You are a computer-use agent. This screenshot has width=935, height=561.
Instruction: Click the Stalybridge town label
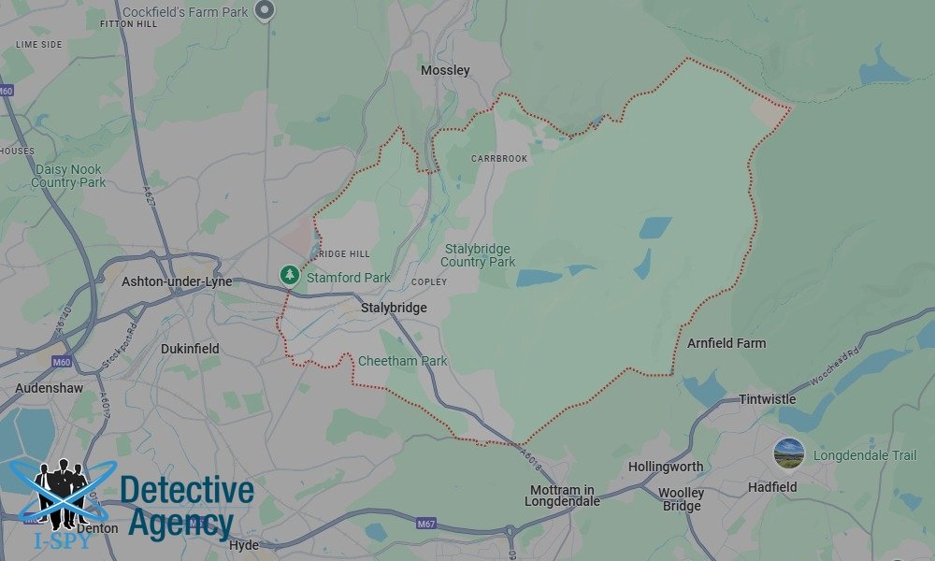click(x=394, y=308)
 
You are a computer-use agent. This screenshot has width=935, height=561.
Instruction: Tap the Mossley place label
click(x=445, y=70)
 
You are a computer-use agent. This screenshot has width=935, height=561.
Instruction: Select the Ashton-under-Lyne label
click(x=177, y=281)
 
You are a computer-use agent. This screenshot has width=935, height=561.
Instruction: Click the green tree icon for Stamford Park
click(x=290, y=275)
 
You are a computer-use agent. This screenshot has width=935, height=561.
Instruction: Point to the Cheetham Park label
click(x=402, y=361)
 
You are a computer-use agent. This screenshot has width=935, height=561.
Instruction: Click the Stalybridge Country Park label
click(x=478, y=255)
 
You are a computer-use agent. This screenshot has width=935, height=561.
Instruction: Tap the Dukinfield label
click(x=190, y=349)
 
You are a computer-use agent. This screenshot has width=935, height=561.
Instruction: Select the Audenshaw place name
click(x=49, y=388)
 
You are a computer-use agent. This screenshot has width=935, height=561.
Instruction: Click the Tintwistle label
click(x=767, y=399)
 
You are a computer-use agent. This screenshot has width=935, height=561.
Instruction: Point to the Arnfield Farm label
click(x=726, y=343)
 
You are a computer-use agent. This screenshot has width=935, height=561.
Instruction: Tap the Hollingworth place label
click(x=666, y=466)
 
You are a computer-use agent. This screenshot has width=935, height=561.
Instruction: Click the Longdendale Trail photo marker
click(x=789, y=453)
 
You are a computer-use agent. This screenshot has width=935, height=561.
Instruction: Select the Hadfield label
click(x=772, y=487)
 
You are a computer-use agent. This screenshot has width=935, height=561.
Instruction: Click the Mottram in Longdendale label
click(x=562, y=496)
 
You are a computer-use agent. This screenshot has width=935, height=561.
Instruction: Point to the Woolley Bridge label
click(x=682, y=499)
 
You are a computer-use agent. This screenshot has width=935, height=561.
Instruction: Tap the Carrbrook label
click(x=499, y=159)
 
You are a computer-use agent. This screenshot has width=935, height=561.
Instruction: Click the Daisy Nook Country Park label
click(x=68, y=176)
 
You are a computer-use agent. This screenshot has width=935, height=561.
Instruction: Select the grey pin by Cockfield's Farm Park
click(x=266, y=10)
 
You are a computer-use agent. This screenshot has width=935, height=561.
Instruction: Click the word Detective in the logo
click(x=187, y=491)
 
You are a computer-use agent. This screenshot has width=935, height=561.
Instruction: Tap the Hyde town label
click(x=243, y=545)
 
